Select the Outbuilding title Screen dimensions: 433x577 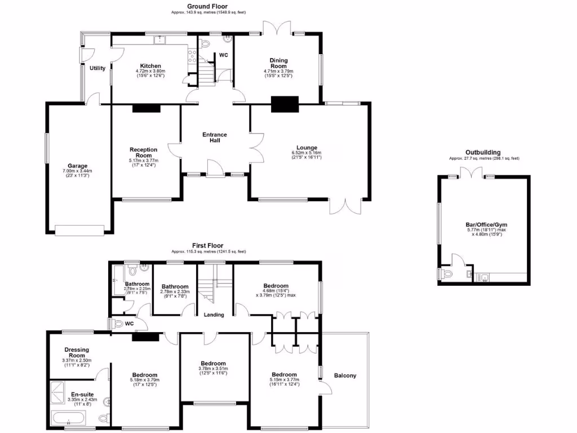coord(483,152)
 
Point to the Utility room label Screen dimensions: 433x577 coord(97,68)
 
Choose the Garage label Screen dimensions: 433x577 coord(78,166)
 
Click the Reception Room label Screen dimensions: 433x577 coord(143,152)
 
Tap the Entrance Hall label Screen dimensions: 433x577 coord(215,137)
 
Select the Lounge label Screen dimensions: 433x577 coord(307,148)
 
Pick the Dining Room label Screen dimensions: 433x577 coord(278,63)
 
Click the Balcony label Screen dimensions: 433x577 coord(345,375)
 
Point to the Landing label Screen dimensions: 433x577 coord(214,315)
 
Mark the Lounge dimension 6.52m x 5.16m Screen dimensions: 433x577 coord(307,153)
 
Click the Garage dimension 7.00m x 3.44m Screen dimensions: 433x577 coord(78,171)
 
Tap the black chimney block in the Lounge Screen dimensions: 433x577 coord(284,105)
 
